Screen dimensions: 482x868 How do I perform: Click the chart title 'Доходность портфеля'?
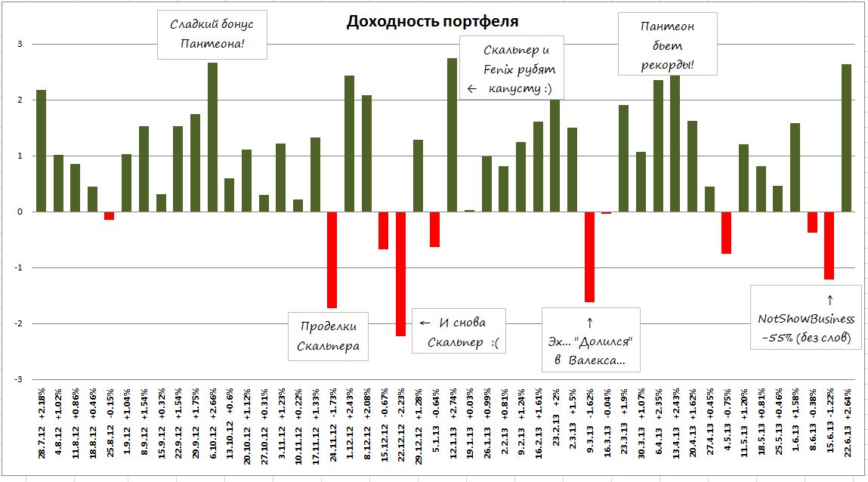pos(433,21)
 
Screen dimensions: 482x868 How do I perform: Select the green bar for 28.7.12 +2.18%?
pos(41,151)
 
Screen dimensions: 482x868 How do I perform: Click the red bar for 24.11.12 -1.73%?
pos(332,260)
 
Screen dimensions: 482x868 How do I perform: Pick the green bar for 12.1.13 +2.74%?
pos(452,135)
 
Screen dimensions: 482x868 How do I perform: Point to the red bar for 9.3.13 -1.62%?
pos(589,257)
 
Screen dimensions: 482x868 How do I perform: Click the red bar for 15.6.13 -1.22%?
pos(829,246)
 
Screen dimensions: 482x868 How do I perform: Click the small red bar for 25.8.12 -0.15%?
pos(110,215)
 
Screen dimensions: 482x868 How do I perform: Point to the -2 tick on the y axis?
pos(21,323)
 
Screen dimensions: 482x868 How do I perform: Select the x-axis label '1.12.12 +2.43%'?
pos(349,428)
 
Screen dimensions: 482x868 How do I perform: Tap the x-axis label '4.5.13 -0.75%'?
pos(727,429)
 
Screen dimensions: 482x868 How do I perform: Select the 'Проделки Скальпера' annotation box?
pos(329,336)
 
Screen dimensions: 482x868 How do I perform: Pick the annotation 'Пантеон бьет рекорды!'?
pos(667,46)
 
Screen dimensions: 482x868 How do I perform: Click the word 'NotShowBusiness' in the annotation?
pos(806,320)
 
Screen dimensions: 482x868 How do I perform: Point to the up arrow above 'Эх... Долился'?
pos(590,323)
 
